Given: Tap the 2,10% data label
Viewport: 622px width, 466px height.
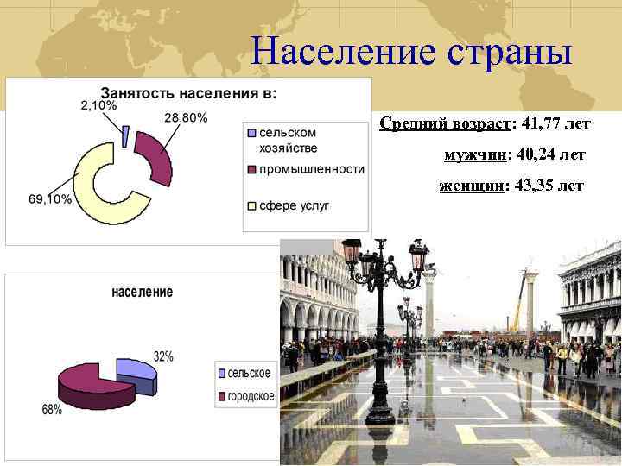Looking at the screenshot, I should tap(98, 104).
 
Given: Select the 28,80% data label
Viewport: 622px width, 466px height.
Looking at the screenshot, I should tap(185, 117).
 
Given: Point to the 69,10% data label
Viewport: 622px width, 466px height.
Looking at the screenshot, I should tap(49, 199).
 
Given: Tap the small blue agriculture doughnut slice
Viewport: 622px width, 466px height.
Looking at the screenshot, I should tap(126, 135).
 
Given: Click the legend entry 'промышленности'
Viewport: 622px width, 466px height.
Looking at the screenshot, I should tap(311, 169).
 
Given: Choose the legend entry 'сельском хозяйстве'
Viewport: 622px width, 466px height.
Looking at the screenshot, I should tap(288, 140).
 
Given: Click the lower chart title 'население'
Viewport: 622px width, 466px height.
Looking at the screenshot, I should tap(142, 292).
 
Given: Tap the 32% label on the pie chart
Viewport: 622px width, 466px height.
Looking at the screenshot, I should tap(163, 356).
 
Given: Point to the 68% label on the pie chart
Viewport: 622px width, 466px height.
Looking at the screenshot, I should tap(52, 410).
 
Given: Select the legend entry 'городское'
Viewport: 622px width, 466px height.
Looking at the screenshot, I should tap(251, 396).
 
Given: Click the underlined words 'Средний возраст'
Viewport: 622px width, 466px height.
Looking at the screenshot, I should tap(445, 124).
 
